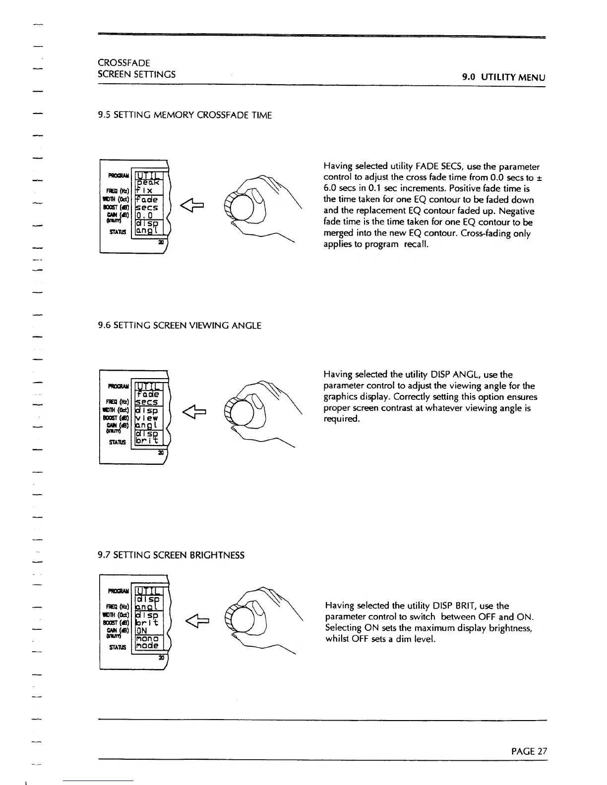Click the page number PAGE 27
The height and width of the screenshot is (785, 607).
click(529, 751)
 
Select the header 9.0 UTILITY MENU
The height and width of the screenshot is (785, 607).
click(503, 77)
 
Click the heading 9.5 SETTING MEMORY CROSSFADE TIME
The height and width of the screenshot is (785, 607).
click(185, 115)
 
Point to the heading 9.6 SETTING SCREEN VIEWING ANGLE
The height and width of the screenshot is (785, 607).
click(180, 326)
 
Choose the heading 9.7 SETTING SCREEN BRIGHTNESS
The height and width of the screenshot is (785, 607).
click(171, 555)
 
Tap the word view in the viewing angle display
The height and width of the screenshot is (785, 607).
click(146, 419)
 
